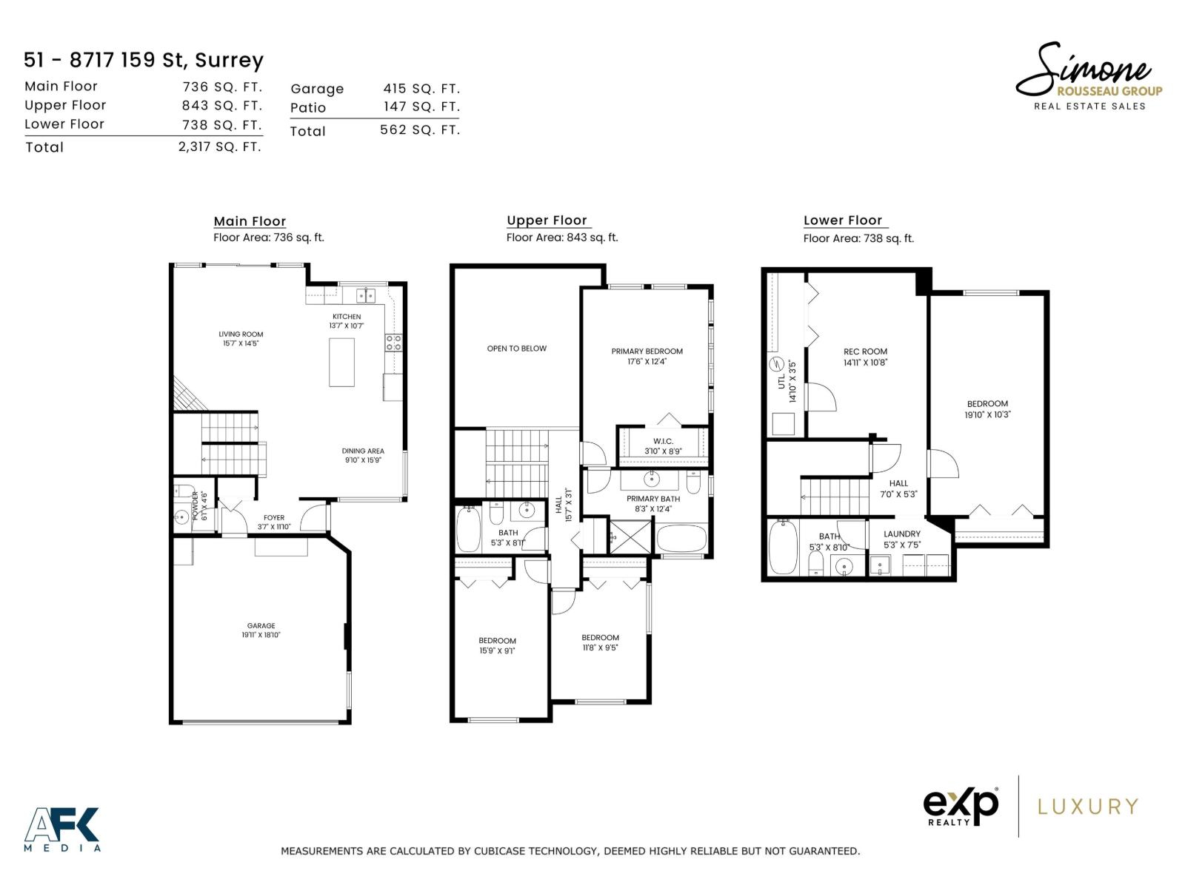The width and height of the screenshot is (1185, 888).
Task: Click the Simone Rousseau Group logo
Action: [x=1088, y=76]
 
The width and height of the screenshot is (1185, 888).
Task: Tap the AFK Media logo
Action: [x=62, y=829]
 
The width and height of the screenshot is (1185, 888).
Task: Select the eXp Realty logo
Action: [x=961, y=807]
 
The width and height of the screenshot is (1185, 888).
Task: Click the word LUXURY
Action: [x=1088, y=807]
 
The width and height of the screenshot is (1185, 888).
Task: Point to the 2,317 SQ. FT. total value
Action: [x=220, y=147]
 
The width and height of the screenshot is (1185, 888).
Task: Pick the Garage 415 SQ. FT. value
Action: [x=421, y=88]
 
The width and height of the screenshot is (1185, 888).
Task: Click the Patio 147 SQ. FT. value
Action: [x=421, y=107]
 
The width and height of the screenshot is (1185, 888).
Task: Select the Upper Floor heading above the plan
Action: [x=547, y=221]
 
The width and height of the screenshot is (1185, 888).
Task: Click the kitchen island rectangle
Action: [x=341, y=363]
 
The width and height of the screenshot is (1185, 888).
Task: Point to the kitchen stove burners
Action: [x=393, y=343]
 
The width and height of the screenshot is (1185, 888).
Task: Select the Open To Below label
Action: [x=517, y=349]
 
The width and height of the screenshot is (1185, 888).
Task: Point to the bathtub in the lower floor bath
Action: [x=783, y=548]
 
